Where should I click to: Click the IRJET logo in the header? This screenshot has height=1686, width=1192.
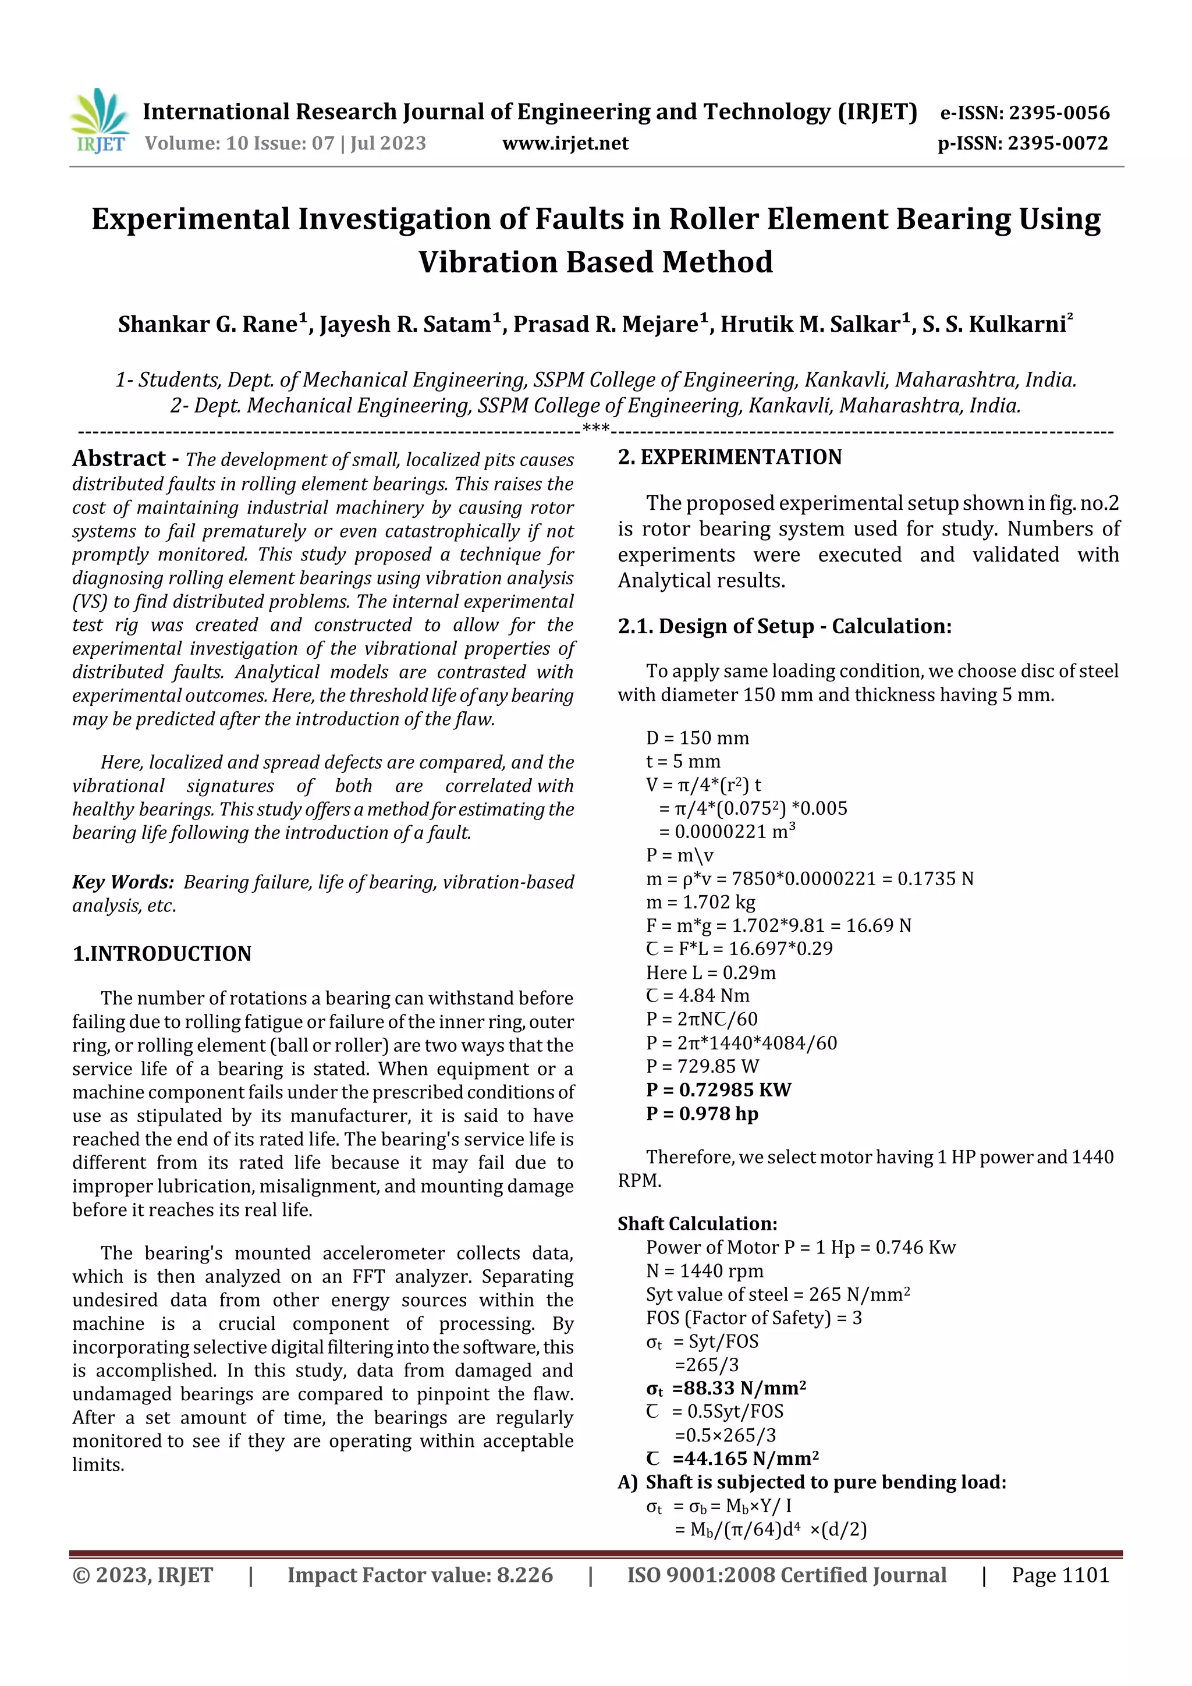(99, 121)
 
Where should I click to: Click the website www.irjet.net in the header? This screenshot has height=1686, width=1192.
(565, 143)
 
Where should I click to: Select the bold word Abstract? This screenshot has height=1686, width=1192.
(119, 459)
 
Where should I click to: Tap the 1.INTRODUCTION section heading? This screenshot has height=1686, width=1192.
(162, 953)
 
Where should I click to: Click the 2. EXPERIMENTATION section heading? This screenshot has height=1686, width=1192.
(729, 457)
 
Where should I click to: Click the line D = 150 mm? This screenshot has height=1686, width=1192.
(697, 738)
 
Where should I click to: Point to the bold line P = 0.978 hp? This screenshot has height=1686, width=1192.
(701, 1114)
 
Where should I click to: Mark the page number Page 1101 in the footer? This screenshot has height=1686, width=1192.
(1059, 1575)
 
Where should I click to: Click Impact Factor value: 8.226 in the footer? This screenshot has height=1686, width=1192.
(420, 1575)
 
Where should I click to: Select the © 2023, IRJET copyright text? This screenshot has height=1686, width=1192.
(143, 1575)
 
